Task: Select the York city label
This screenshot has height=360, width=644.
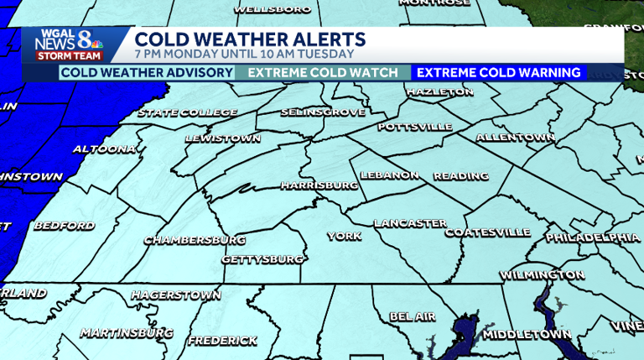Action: click(344, 236)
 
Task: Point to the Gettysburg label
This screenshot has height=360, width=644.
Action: click(262, 259)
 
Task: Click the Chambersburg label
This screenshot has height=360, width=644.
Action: click(195, 240)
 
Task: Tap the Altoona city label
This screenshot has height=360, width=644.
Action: click(104, 149)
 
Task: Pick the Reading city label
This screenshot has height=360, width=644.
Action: click(460, 176)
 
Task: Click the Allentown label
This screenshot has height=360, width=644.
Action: click(515, 137)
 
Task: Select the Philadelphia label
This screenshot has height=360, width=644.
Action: click(593, 237)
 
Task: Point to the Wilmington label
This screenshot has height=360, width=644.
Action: click(542, 274)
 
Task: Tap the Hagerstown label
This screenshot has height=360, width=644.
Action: click(176, 295)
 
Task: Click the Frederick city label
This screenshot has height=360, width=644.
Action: click(222, 341)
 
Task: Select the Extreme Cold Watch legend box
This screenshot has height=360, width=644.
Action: click(323, 73)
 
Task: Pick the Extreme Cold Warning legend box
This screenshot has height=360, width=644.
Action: click(499, 73)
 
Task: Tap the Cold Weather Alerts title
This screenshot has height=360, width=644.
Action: click(250, 39)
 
